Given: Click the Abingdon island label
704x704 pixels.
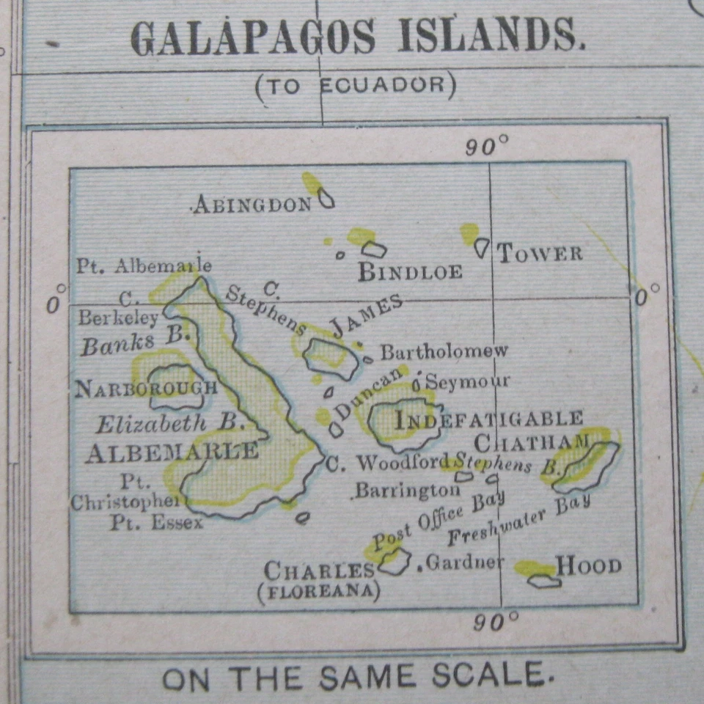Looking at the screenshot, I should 252,205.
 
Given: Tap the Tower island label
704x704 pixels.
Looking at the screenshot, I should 540,254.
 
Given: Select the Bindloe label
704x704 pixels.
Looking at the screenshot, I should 410,272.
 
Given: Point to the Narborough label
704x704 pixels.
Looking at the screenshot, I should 146,388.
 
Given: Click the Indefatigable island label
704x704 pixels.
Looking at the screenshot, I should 488,419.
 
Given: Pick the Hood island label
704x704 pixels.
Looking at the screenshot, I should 588,565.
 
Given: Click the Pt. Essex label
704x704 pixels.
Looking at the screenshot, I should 156,523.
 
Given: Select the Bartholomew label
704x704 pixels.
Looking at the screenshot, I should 444,351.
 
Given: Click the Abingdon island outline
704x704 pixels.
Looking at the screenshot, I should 326,198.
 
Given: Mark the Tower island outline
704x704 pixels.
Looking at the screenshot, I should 481,247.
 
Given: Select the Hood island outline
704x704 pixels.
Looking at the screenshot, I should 544,581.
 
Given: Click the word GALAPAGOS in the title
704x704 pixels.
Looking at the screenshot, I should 253,38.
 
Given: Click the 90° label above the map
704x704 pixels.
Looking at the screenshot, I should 486,147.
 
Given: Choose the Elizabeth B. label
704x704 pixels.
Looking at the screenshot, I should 170,424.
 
